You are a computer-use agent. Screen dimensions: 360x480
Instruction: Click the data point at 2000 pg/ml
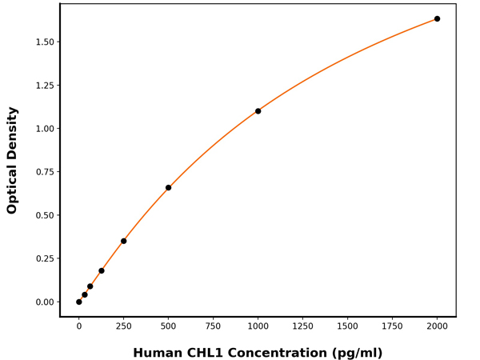(x=437, y=18)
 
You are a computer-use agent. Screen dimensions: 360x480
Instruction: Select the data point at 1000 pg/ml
(x=258, y=111)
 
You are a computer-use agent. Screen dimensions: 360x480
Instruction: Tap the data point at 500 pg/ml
(x=168, y=188)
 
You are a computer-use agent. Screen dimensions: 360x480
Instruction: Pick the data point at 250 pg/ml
(x=123, y=241)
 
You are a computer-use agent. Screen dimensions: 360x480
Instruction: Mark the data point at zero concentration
(x=78, y=302)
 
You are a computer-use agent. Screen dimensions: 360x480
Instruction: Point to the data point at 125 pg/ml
(x=101, y=270)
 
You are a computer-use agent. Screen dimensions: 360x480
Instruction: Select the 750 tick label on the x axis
(x=213, y=326)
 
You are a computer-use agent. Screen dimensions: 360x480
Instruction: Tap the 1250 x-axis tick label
(x=302, y=326)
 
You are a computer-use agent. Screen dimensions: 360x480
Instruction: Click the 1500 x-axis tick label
(x=347, y=326)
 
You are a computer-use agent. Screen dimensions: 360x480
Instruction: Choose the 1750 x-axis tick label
(x=392, y=326)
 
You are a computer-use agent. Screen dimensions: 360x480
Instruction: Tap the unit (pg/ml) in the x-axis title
(x=354, y=353)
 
